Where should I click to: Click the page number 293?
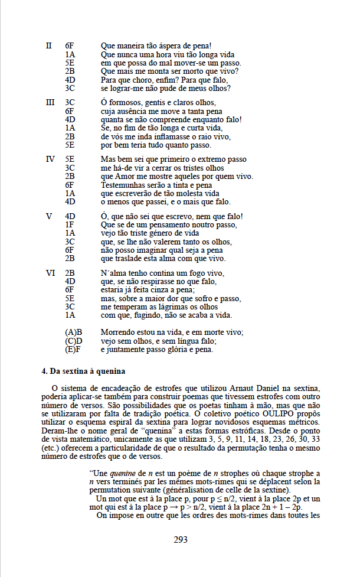pyautogui.click(x=180, y=539)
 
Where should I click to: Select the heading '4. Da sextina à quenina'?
pyautogui.click(x=83, y=371)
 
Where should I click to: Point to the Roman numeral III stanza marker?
pyautogui.click(x=50, y=103)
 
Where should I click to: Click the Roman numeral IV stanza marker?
pyautogui.click(x=50, y=159)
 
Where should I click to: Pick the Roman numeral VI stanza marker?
pyautogui.click(x=50, y=273)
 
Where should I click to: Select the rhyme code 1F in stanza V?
pyautogui.click(x=70, y=225)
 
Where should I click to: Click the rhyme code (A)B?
pyautogui.click(x=73, y=332)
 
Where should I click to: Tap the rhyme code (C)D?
pyautogui.click(x=73, y=341)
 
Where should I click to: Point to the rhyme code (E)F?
pyautogui.click(x=73, y=349)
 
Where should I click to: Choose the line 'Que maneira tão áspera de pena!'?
pyautogui.click(x=156, y=45)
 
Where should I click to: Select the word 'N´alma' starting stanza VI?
pyautogui.click(x=112, y=273)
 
